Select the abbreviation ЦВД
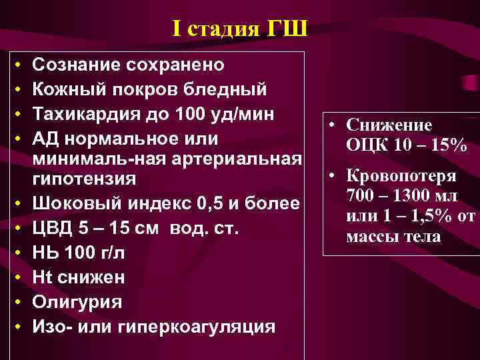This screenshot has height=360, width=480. coord(50,229)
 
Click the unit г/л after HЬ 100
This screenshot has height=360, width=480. coord(117,253)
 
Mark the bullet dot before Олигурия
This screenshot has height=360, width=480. coord(16,301)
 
